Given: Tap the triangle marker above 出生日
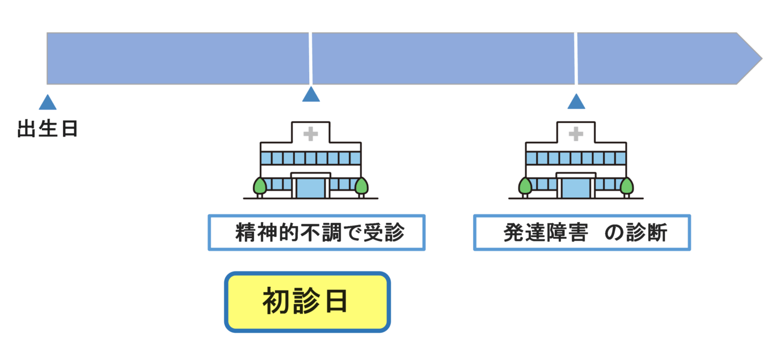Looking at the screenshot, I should pyautogui.click(x=48, y=103).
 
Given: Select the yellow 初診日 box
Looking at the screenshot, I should pyautogui.click(x=307, y=302).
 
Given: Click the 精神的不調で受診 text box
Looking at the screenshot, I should pyautogui.click(x=317, y=232).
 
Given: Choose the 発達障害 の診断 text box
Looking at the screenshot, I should pyautogui.click(x=581, y=232).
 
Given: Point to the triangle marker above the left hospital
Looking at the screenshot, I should pyautogui.click(x=311, y=95).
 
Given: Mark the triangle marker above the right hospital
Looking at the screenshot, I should pyautogui.click(x=576, y=101).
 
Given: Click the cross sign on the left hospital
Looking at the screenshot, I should pyautogui.click(x=310, y=134).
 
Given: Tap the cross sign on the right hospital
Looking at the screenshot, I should pyautogui.click(x=576, y=134).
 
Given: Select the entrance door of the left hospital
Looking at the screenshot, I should pyautogui.click(x=310, y=187).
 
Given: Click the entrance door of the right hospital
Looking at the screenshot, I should pyautogui.click(x=576, y=187).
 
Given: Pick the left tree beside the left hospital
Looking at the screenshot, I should pyautogui.click(x=260, y=185).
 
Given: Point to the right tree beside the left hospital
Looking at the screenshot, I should pyautogui.click(x=361, y=185).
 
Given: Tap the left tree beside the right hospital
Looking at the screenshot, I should pyautogui.click(x=525, y=185).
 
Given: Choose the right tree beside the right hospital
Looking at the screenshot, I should pyautogui.click(x=627, y=185).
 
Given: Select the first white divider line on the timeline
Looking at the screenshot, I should pyautogui.click(x=310, y=58).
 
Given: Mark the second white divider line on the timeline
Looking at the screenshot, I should pyautogui.click(x=576, y=58).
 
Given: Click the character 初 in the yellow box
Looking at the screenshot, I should pyautogui.click(x=276, y=302).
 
